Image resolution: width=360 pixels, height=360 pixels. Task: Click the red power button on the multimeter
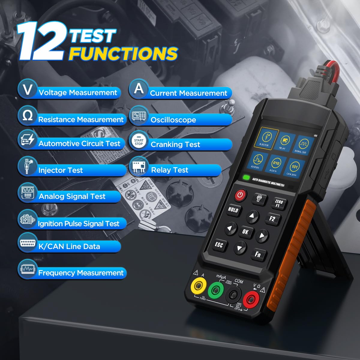point(240,195)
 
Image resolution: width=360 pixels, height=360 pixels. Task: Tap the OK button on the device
point(245,231)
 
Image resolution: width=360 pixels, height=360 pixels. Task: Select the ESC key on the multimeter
point(219,245)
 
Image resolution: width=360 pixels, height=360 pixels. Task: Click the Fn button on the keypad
point(258,254)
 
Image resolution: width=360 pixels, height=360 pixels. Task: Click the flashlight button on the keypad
point(259,198)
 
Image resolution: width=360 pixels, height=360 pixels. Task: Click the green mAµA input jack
point(215,289)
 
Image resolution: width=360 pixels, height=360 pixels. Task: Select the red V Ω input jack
point(251,299)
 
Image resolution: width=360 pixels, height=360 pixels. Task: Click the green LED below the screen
point(246,177)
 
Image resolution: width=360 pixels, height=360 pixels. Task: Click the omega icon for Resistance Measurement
point(28,115)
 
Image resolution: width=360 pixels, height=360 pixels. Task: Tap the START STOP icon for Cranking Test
point(139,142)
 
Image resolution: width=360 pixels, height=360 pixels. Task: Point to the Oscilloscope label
point(173,120)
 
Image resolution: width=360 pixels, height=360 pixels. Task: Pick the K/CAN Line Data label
point(69,247)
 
